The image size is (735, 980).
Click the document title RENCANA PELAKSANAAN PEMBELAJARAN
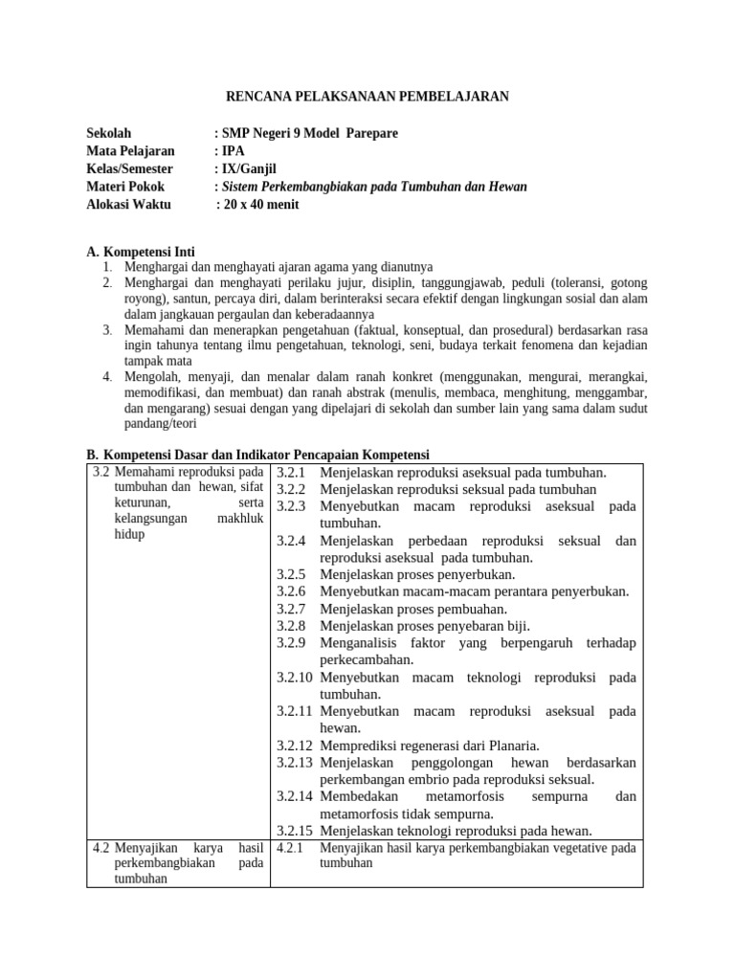367,96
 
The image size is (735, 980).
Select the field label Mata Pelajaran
130,151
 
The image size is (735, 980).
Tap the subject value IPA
234,151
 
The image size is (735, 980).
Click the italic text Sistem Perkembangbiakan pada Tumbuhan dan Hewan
374,187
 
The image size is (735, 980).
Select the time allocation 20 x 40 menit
260,205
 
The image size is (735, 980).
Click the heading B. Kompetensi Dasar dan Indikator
258,454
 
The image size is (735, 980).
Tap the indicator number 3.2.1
291,473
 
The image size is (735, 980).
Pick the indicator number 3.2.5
291,575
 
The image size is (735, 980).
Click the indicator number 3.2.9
291,643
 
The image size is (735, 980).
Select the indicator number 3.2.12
295,746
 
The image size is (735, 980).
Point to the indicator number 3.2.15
295,831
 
